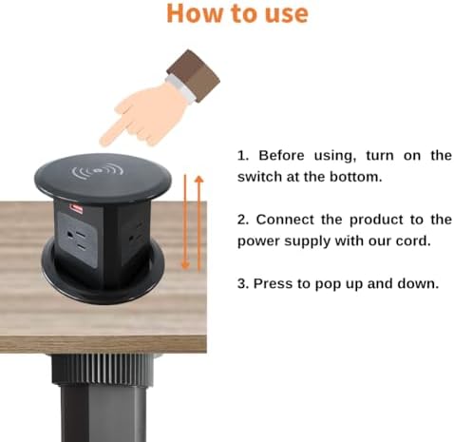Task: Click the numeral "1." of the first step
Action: click(242, 156)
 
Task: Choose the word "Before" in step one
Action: click(282, 156)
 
